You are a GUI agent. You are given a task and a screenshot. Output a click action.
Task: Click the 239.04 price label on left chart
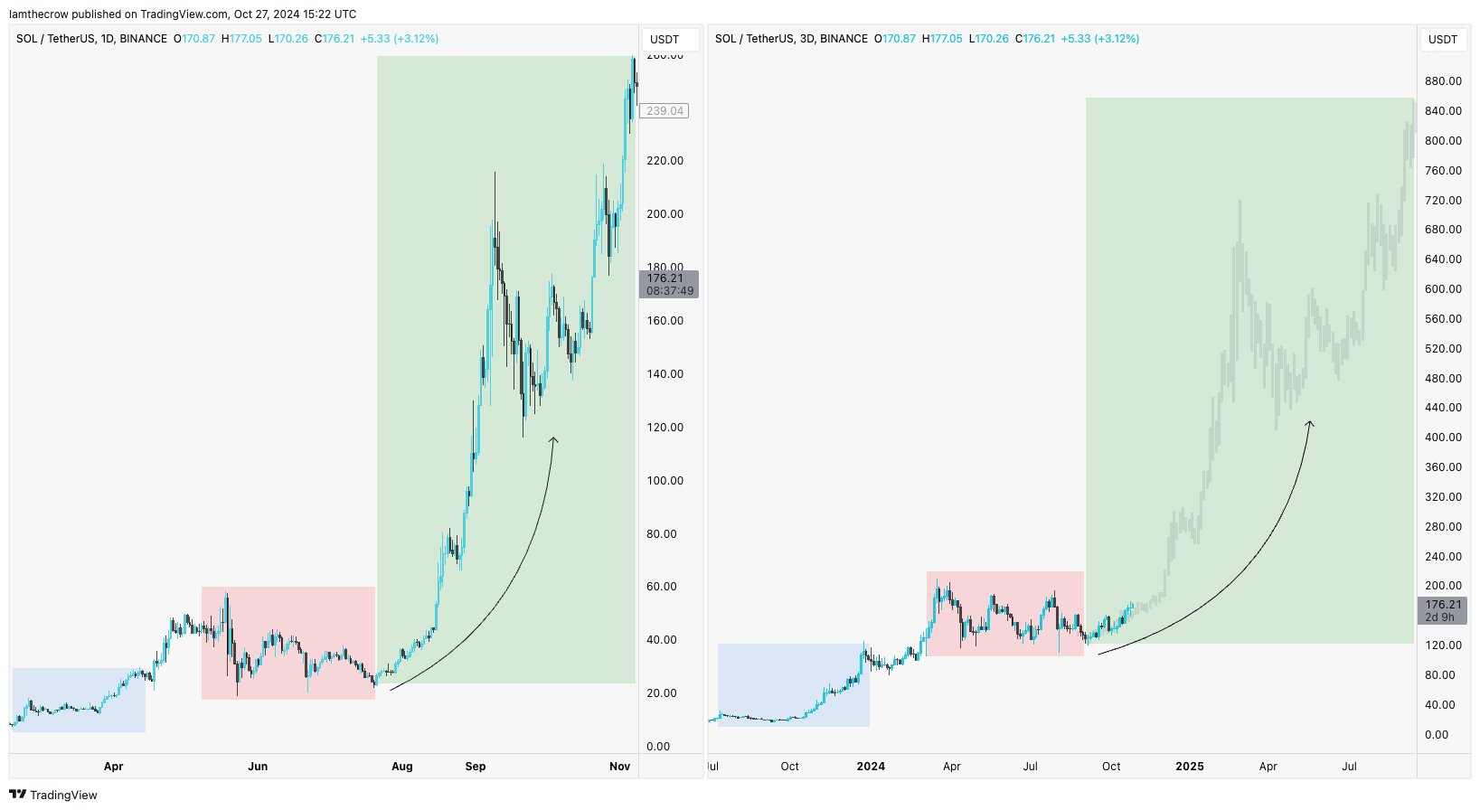[665, 111]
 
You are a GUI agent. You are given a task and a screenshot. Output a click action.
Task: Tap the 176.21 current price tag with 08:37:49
[669, 284]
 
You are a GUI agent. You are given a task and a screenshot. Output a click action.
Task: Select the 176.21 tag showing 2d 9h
[1442, 610]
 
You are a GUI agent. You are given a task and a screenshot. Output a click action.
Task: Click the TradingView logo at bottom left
[53, 795]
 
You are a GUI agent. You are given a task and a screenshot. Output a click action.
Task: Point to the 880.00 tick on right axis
[1443, 81]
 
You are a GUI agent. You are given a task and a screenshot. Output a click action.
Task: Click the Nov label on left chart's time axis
[619, 767]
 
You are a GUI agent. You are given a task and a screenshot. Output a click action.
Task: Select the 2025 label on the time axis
[1189, 767]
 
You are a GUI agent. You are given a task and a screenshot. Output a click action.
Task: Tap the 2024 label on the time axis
[871, 767]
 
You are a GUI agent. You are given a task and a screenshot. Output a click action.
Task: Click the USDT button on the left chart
[665, 40]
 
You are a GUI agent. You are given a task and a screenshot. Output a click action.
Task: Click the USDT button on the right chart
[1442, 40]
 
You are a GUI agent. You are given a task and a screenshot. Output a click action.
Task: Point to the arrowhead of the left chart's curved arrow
[553, 438]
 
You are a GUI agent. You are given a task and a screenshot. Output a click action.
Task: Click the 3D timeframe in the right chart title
[807, 39]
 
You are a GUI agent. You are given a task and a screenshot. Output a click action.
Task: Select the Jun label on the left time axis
[258, 767]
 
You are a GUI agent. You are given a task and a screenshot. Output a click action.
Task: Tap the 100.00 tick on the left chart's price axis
[665, 481]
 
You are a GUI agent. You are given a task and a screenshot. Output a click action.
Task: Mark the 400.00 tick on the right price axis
[1443, 438]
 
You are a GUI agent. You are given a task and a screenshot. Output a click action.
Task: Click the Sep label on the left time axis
[476, 767]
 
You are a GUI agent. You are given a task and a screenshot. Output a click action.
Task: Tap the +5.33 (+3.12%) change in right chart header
[1099, 39]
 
